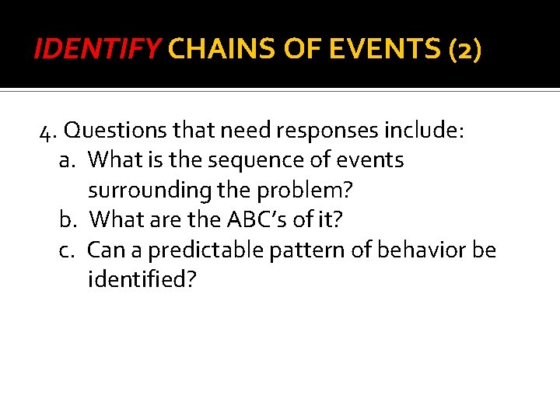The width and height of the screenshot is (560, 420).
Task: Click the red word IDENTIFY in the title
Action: point(97,51)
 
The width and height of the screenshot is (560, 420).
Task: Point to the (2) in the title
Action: point(466,51)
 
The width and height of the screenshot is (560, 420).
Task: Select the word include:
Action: point(425,131)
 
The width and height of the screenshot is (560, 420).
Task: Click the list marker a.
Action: point(66,160)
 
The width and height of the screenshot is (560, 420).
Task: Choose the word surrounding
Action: point(143,190)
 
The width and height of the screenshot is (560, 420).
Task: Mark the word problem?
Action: point(298,190)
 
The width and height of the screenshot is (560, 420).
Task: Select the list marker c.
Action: point(66,250)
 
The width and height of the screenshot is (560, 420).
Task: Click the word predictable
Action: point(194,250)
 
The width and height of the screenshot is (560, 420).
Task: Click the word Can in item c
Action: point(105,250)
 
